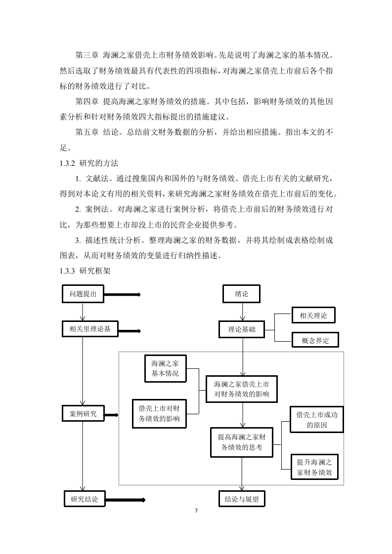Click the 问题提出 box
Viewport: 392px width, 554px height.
coord(83,294)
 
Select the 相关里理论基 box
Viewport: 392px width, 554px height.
coord(90,329)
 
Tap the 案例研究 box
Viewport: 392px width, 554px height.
coord(83,413)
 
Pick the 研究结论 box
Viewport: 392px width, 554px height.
coord(85,499)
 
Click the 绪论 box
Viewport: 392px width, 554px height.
coord(241,294)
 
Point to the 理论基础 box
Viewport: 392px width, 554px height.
coord(242,329)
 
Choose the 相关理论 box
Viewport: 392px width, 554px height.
coord(313,315)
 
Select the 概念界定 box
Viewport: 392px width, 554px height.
coord(315,340)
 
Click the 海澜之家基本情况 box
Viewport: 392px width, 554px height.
coord(165,368)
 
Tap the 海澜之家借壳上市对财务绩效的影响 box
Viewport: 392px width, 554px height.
coord(242,389)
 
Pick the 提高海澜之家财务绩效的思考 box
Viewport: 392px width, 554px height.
coord(242,442)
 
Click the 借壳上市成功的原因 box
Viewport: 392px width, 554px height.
coord(317,419)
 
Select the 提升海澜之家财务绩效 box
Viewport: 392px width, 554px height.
coord(314,467)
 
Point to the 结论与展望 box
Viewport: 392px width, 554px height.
coord(242,499)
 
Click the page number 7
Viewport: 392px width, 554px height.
coord(196,511)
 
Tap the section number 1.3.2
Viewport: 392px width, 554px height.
coord(67,163)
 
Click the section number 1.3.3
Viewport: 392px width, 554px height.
coord(67,271)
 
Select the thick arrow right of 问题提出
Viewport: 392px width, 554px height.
coord(122,295)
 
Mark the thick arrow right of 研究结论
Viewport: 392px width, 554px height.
coord(125,500)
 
